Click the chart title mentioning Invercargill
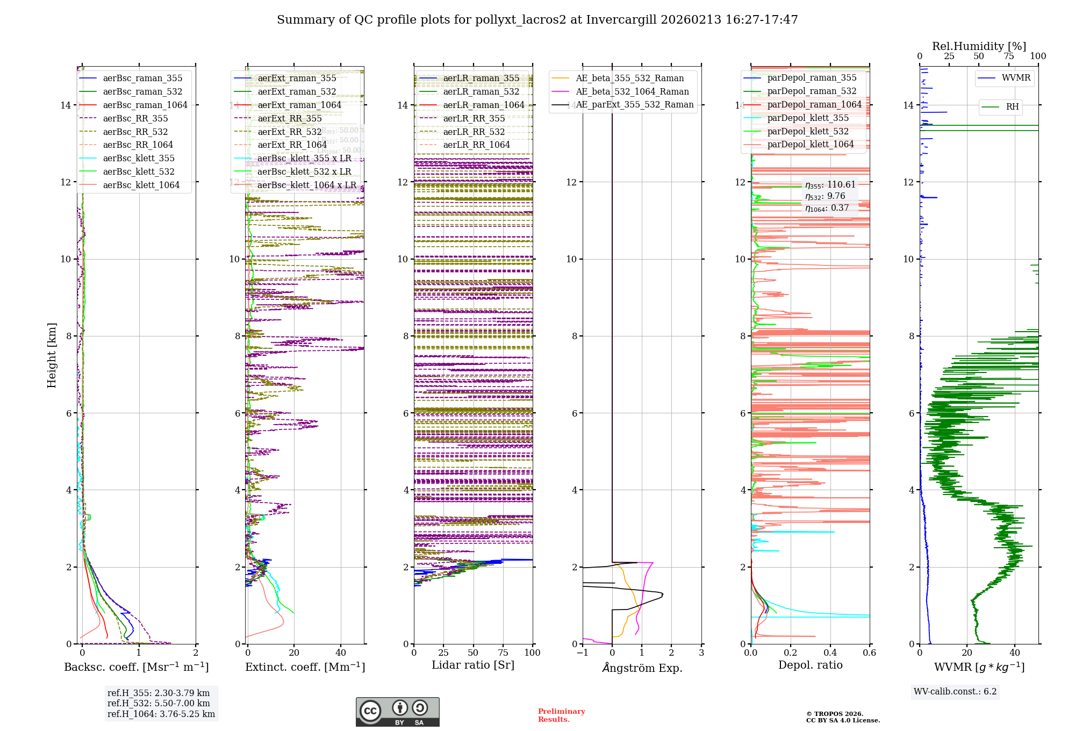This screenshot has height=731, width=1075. pyautogui.click(x=537, y=20)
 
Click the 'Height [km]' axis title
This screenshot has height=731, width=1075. pyautogui.click(x=52, y=355)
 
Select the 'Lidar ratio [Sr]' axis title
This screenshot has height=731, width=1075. pyautogui.click(x=473, y=665)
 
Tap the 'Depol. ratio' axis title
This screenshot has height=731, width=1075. pyautogui.click(x=810, y=665)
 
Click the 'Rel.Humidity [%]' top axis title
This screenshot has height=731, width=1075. pyautogui.click(x=979, y=46)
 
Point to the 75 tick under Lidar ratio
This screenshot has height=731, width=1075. pyautogui.click(x=503, y=653)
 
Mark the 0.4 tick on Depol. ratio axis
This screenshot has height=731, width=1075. pyautogui.click(x=830, y=653)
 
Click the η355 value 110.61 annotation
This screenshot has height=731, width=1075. pyautogui.click(x=830, y=185)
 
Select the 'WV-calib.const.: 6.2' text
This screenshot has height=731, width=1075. pyautogui.click(x=955, y=692)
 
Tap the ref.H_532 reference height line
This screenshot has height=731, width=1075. pyautogui.click(x=159, y=704)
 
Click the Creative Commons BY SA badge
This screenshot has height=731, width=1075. pyautogui.click(x=397, y=712)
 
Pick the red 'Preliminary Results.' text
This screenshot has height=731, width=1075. pyautogui.click(x=561, y=715)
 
